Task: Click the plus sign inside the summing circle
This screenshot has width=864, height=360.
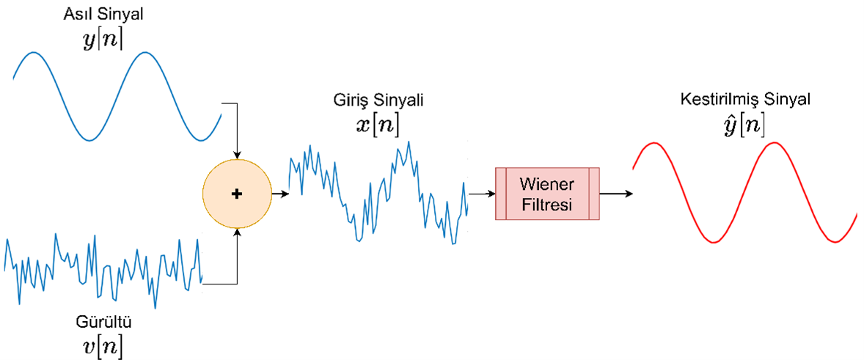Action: click(236, 194)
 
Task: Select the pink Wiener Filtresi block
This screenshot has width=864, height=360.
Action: click(547, 194)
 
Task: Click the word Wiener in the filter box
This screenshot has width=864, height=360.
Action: click(547, 183)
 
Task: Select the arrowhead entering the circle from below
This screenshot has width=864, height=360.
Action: click(236, 233)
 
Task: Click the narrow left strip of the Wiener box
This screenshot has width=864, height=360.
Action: click(501, 194)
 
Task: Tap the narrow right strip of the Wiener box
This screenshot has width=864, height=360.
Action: click(594, 194)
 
